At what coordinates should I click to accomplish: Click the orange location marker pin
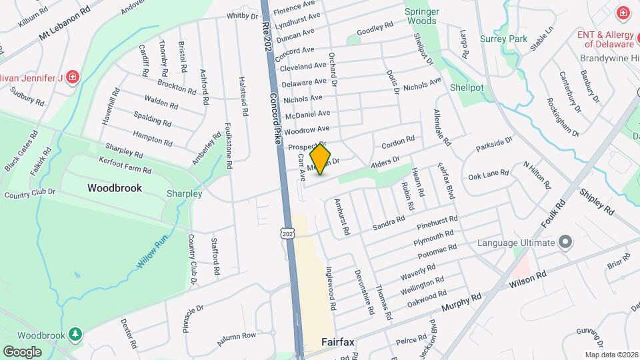(x=321, y=159)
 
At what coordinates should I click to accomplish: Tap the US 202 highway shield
(x=287, y=233)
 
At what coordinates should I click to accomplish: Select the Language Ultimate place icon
(x=566, y=241)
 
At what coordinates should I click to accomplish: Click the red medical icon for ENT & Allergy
(x=622, y=13)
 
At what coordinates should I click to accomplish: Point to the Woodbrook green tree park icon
(x=77, y=333)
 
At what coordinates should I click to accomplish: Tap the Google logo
(x=22, y=351)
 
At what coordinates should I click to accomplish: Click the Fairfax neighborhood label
(x=337, y=342)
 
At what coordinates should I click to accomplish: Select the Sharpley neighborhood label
(x=185, y=193)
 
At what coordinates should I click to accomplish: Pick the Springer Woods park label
(x=421, y=16)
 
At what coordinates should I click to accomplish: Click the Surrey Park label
(x=503, y=39)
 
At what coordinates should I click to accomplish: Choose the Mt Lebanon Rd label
(x=64, y=24)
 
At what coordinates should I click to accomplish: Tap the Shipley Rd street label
(x=597, y=201)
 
